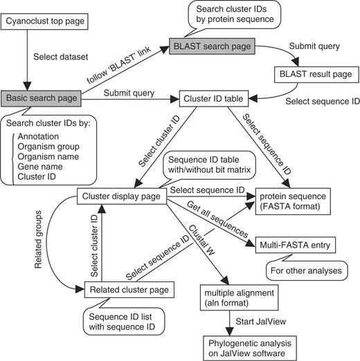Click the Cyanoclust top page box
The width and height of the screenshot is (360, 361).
(44, 22)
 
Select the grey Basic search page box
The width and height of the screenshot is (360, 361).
(41, 98)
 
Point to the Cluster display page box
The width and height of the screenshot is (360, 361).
(118, 196)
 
